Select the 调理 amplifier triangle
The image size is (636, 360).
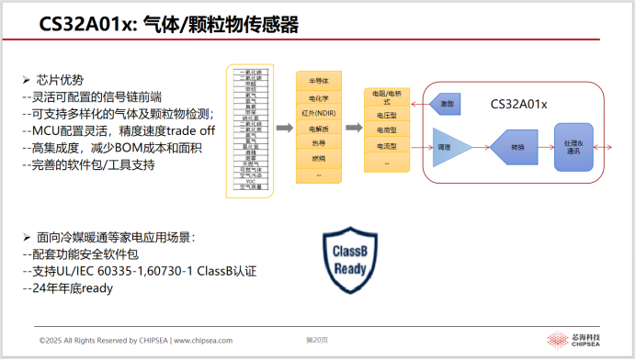(451, 146)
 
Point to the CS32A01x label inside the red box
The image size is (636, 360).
(518, 104)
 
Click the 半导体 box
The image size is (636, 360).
(319, 81)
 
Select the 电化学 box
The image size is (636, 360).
(319, 96)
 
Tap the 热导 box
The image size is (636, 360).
(319, 143)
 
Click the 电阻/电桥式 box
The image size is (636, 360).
(386, 97)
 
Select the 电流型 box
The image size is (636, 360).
(386, 145)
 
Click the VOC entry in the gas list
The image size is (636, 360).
(250, 182)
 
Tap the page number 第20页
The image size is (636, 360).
(317, 340)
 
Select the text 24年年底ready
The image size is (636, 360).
(74, 287)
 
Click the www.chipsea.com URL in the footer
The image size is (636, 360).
(202, 340)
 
